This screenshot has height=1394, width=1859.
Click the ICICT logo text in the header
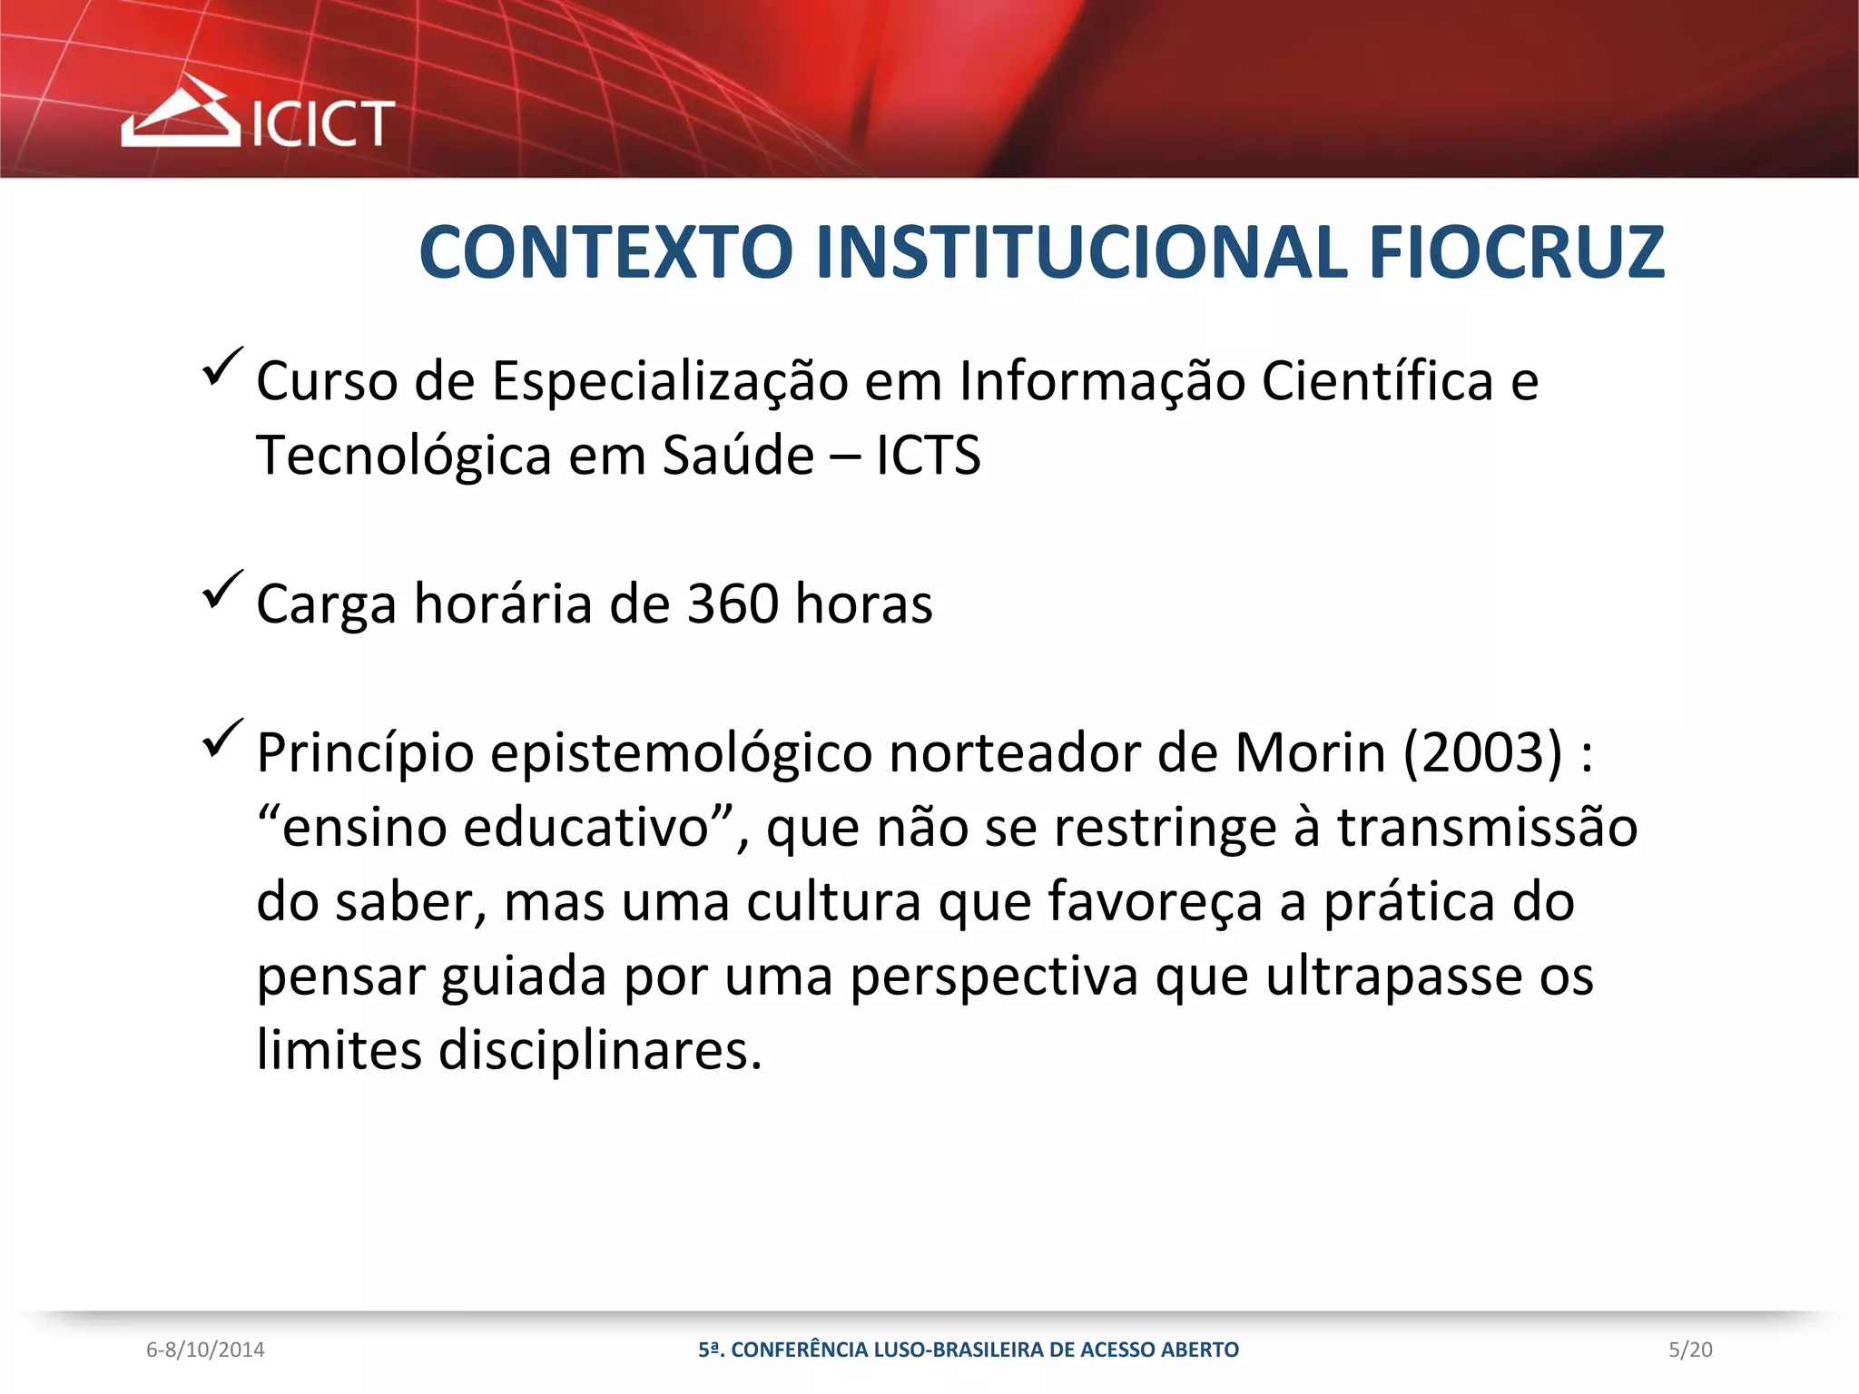(322, 123)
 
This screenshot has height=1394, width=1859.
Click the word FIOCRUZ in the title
(1516, 252)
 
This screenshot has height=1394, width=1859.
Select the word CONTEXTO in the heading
(606, 252)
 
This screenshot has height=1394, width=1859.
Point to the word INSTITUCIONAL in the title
(1081, 252)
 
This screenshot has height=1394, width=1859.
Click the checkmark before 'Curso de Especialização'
(221, 368)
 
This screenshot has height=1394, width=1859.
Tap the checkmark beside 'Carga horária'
(221, 590)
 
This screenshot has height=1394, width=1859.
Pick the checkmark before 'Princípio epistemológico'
(221, 738)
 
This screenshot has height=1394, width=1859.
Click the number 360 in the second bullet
(733, 604)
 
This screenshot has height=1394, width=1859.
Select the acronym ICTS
(928, 456)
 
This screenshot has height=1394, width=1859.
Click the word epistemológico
(681, 754)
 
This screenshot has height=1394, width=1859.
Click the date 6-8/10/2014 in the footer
(205, 1350)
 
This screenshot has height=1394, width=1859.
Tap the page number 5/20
(1690, 1350)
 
